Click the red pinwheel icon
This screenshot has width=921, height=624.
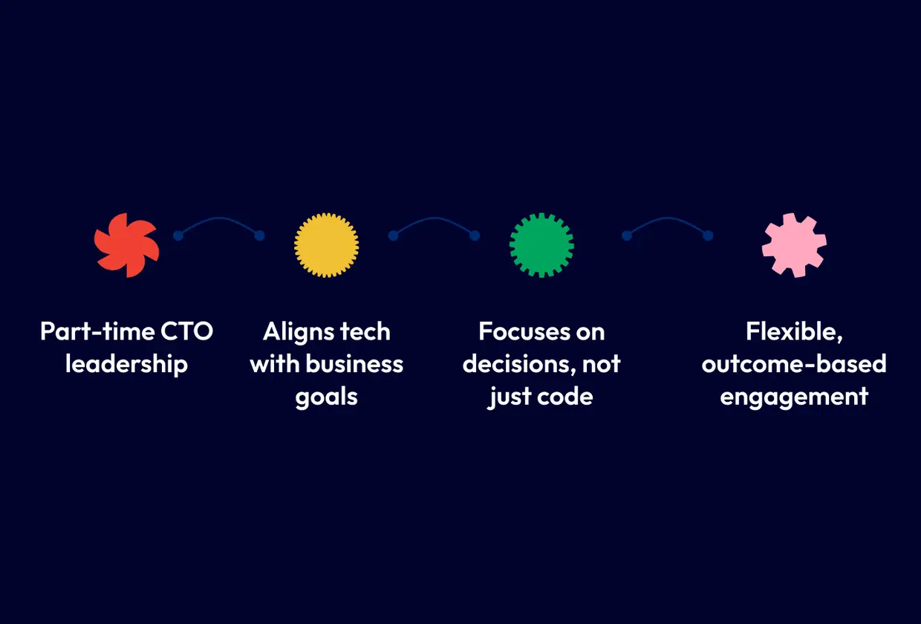pyautogui.click(x=126, y=245)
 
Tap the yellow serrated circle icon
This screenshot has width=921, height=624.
pyautogui.click(x=327, y=245)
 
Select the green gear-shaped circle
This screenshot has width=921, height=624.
pyautogui.click(x=541, y=245)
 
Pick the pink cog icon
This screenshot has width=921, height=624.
pyautogui.click(x=795, y=245)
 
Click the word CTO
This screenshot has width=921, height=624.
pyautogui.click(x=186, y=331)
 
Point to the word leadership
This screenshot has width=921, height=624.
pyautogui.click(x=126, y=364)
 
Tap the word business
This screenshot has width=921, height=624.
pyautogui.click(x=354, y=364)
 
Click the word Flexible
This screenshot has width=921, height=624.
pyautogui.click(x=795, y=331)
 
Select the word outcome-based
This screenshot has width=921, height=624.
pyautogui.click(x=794, y=364)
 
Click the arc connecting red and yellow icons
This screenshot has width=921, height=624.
pyautogui.click(x=218, y=218)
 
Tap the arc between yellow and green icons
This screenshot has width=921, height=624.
pyautogui.click(x=434, y=218)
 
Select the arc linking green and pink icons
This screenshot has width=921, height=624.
pyautogui.click(x=667, y=218)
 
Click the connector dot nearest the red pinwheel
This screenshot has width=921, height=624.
pyautogui.click(x=178, y=235)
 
